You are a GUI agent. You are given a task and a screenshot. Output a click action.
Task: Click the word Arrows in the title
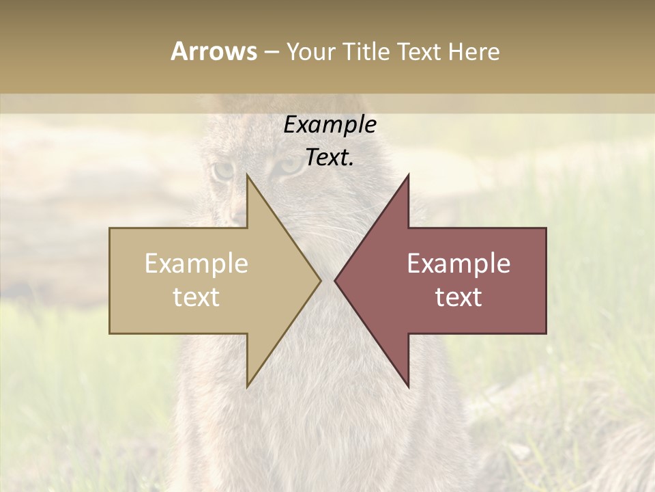coord(214,51)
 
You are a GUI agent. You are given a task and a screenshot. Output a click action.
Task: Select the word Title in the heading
coord(367,51)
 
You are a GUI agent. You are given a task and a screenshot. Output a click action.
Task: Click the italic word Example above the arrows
coord(330,125)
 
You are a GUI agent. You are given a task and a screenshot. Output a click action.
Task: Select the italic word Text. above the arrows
coord(330,158)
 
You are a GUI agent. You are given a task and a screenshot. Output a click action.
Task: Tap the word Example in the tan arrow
coord(196,264)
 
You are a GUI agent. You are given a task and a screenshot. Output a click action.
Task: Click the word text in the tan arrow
coord(196,297)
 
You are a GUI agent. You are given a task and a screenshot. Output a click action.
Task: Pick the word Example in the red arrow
coord(458,264)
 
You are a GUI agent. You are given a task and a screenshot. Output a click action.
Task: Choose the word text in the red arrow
coord(458,297)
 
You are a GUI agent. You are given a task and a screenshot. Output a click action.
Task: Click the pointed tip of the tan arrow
coord(320,280)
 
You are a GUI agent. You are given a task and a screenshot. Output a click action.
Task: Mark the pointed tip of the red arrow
coord(335,280)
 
